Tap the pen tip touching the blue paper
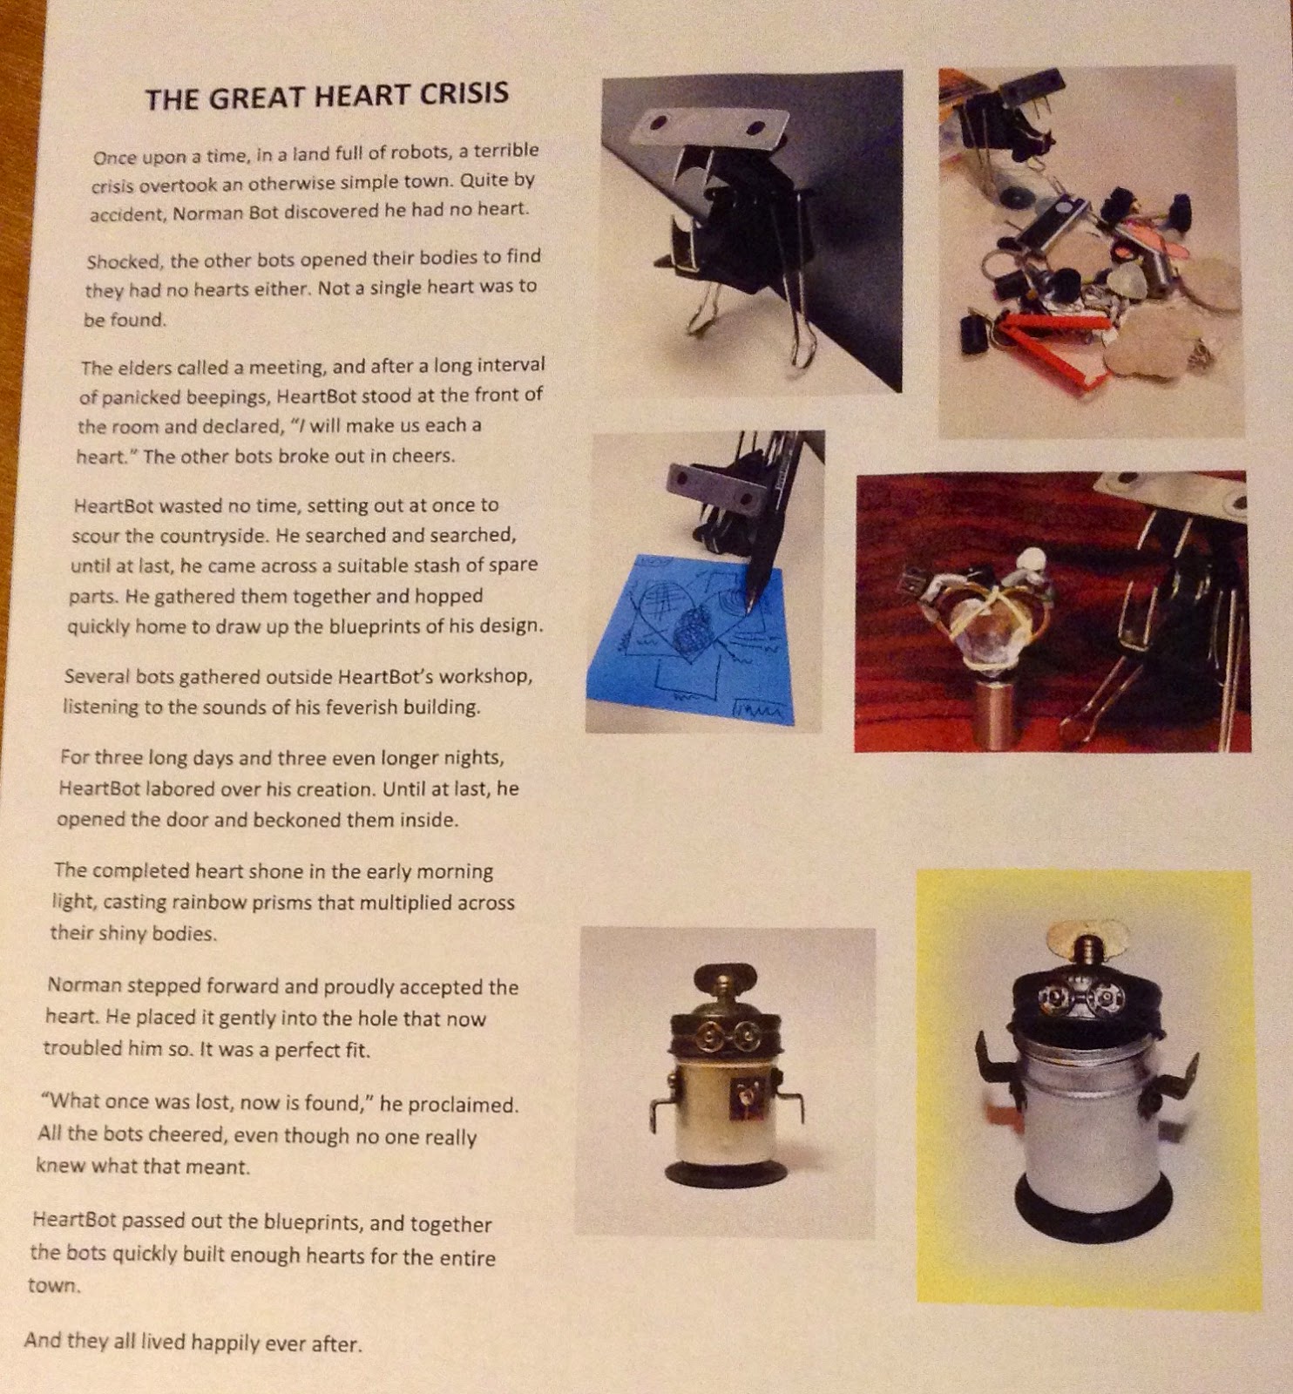748,599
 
